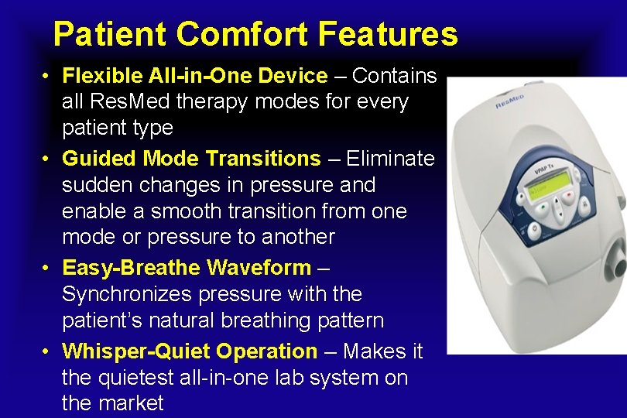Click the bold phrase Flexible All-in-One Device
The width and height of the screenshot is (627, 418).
194,76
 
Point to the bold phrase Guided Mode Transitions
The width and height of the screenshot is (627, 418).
190,159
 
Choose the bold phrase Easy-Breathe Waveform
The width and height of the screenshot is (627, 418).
186,269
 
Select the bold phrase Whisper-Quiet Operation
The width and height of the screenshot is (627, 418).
190,351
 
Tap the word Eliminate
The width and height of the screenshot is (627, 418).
390,159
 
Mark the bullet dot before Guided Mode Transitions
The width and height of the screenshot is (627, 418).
47,159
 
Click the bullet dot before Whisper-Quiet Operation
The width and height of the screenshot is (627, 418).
47,352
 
